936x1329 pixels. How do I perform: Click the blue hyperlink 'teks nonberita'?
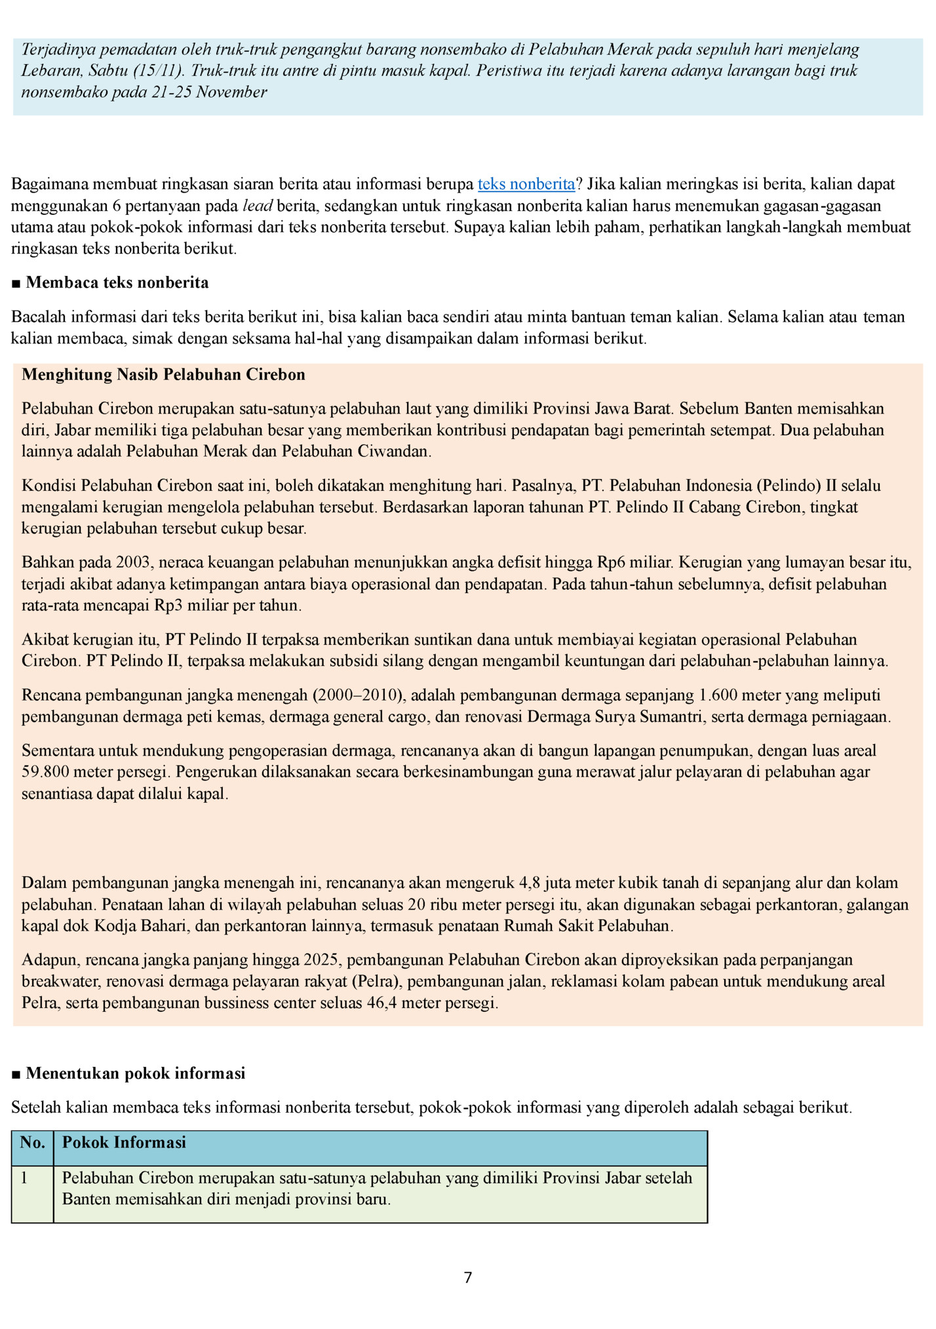(526, 184)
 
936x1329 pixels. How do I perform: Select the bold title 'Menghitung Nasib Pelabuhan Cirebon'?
(163, 375)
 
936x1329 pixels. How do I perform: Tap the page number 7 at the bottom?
(468, 1277)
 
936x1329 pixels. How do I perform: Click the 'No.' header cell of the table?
(32, 1142)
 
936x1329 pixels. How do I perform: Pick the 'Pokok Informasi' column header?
(124, 1142)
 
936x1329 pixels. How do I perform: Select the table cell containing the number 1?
(25, 1178)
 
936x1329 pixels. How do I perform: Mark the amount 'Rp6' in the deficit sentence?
(611, 562)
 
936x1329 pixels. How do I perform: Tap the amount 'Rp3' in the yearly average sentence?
(169, 606)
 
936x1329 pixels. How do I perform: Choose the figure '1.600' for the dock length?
(720, 695)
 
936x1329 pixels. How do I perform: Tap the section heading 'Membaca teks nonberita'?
(117, 283)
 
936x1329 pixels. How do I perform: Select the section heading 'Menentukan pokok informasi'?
(135, 1073)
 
